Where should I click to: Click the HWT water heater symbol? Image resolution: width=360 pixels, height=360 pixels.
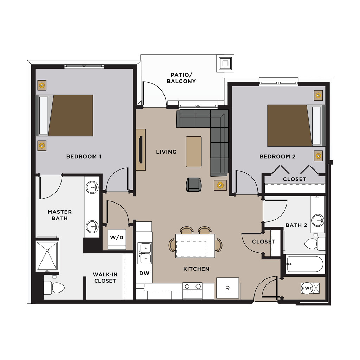(307, 288)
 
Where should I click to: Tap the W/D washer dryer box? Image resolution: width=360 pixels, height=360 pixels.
(117, 239)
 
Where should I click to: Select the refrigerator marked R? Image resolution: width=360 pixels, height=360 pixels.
(227, 288)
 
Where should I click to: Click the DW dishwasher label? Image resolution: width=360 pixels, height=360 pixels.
(144, 273)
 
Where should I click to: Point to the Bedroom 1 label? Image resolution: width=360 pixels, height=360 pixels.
(84, 156)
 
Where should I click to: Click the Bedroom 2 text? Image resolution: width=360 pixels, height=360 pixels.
(278, 156)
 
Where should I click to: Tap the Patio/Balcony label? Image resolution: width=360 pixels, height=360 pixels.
(181, 78)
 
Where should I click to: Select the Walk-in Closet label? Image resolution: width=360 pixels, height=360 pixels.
(105, 278)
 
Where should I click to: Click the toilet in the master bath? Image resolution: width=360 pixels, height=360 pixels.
(54, 287)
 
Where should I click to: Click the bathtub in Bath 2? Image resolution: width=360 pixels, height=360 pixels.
(305, 264)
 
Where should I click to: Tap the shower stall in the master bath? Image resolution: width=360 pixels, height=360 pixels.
(47, 256)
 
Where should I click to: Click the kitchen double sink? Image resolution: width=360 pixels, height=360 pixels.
(144, 253)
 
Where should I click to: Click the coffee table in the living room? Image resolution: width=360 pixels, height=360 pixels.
(194, 152)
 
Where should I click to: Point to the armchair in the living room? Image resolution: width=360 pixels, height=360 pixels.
(194, 185)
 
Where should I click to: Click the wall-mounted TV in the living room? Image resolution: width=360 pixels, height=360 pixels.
(140, 150)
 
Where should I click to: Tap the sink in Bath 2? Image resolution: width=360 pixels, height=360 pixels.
(318, 220)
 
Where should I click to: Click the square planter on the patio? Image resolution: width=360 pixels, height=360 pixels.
(225, 63)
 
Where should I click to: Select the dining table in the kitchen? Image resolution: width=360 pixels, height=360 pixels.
(195, 246)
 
